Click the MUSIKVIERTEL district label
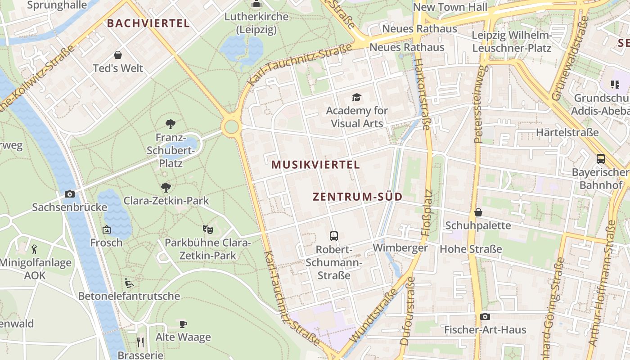(x=315, y=165)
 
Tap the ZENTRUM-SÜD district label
(x=357, y=197)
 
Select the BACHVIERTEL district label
(x=148, y=23)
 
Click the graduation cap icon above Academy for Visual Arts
(x=356, y=97)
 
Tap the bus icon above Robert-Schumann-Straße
(x=333, y=236)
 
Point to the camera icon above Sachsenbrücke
(x=70, y=194)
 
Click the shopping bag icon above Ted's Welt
(x=118, y=55)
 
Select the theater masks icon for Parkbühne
(x=207, y=229)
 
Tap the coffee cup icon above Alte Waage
(x=183, y=324)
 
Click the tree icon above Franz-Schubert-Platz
(x=170, y=124)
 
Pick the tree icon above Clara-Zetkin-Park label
(x=166, y=187)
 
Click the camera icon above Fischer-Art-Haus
(x=485, y=316)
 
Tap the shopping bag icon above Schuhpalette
(x=478, y=212)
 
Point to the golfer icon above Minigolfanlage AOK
(x=34, y=249)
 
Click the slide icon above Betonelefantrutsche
(x=129, y=283)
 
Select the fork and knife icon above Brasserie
(x=140, y=342)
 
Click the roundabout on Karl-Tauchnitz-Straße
(x=231, y=126)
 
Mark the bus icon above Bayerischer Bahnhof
(x=600, y=158)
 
